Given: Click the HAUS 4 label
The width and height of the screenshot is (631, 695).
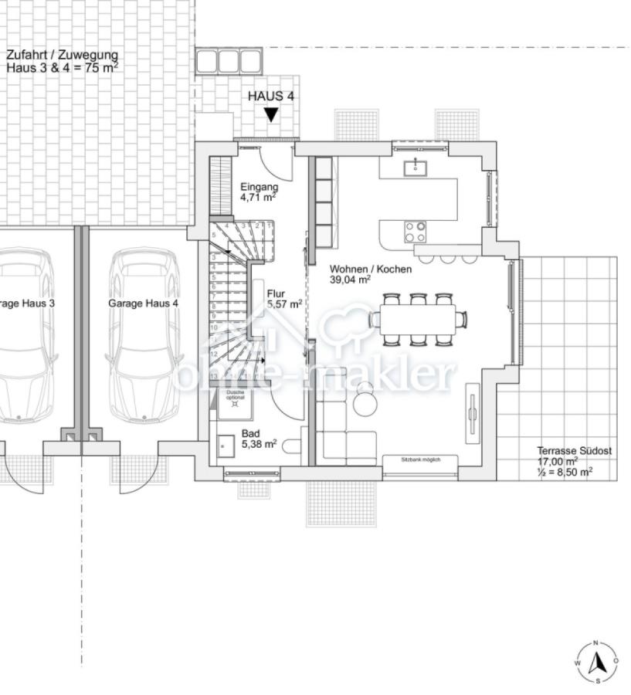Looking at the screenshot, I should point(270,97).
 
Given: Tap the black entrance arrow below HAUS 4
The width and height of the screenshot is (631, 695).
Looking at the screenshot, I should point(270,115).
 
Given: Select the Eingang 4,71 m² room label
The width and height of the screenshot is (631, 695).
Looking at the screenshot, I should point(259,192).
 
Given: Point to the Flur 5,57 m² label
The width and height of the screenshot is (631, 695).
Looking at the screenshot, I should point(283,299).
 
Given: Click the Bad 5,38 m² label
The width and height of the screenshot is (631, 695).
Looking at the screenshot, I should point(259,439).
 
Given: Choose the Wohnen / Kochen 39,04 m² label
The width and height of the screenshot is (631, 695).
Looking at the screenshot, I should point(370,274).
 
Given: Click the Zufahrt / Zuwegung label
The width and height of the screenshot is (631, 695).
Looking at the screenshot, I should point(62,61).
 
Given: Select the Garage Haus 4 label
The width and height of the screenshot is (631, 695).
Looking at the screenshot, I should point(143,303).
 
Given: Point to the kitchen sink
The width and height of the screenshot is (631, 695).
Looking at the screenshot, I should point(416,166).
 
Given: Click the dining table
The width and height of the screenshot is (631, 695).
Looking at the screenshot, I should point(417,318).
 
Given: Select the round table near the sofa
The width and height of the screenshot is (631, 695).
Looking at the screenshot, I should point(365,402).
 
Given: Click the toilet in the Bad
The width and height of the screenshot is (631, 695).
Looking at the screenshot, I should point(292,447).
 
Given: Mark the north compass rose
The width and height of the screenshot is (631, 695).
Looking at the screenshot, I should point(596,663).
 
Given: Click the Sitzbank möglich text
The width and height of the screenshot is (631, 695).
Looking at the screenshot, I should point(420,459).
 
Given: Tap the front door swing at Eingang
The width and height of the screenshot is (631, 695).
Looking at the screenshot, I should point(274,160).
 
